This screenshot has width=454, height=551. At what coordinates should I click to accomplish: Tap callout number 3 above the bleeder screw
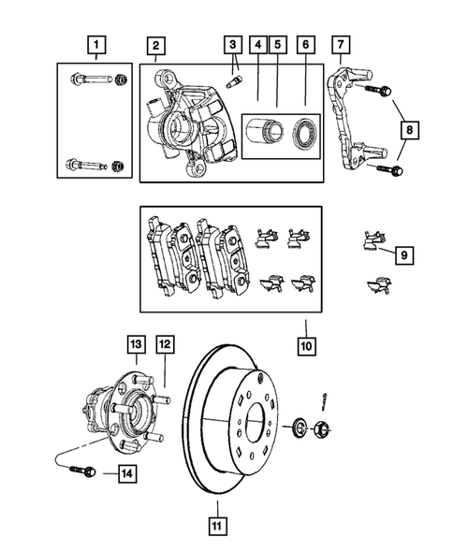pyautogui.click(x=231, y=43)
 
